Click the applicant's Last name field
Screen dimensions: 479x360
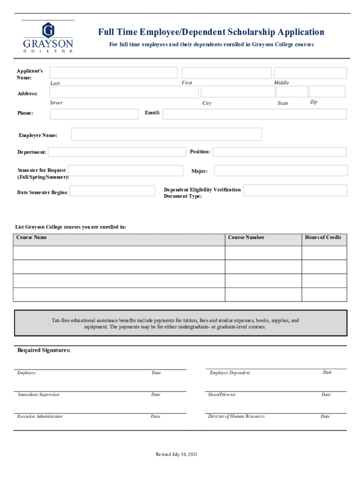click(x=114, y=73)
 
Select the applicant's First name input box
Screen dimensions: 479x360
click(x=226, y=73)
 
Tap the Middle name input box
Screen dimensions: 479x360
click(x=310, y=73)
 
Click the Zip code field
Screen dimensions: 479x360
click(x=327, y=91)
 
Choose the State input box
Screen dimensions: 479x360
click(x=292, y=91)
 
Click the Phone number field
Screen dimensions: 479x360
click(x=94, y=114)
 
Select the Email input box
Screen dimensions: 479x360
click(x=255, y=114)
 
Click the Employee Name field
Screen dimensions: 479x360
click(x=166, y=134)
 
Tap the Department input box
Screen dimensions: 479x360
click(x=117, y=152)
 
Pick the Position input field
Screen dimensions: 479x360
click(x=279, y=152)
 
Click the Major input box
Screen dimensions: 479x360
click(x=281, y=171)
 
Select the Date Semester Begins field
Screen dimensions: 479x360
click(x=112, y=191)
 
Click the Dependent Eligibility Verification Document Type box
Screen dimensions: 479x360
click(x=295, y=190)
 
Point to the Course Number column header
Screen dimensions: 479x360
click(x=246, y=238)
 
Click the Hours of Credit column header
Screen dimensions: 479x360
click(x=323, y=238)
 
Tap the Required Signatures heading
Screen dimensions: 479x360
click(x=44, y=350)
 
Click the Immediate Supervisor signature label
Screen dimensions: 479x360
click(x=39, y=395)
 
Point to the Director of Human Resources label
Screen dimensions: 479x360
click(x=236, y=416)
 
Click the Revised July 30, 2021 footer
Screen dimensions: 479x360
click(x=176, y=455)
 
